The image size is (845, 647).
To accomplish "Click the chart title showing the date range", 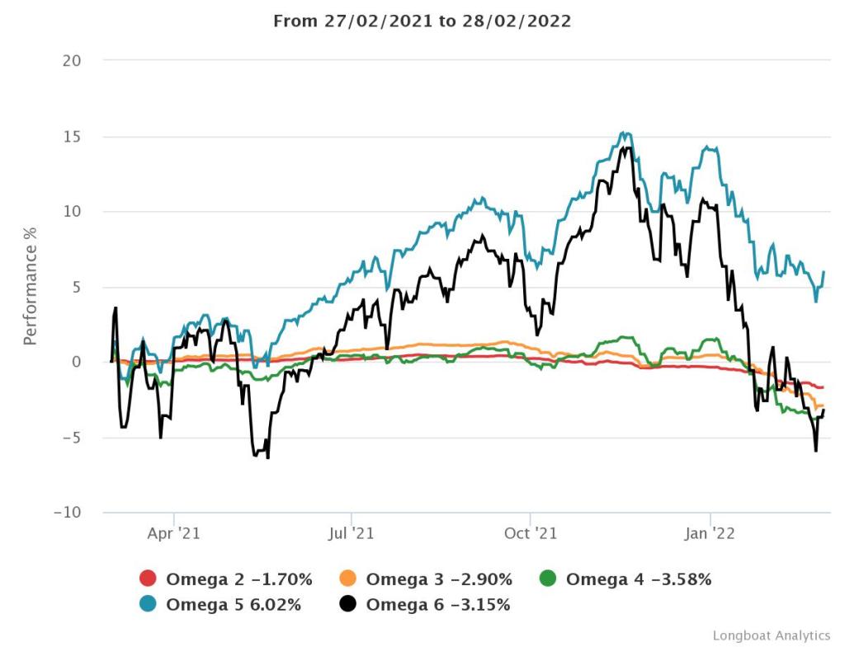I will (x=422, y=21).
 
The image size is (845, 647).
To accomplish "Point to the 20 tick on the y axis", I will (x=81, y=61).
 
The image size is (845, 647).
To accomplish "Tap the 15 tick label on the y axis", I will (x=81, y=136).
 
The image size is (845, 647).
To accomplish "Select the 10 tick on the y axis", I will (x=81, y=212).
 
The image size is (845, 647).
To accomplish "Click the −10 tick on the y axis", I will (x=76, y=513).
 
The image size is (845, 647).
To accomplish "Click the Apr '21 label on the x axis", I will (x=173, y=533).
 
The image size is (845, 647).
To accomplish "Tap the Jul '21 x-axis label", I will (x=352, y=533).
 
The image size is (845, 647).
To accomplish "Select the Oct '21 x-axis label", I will (x=531, y=533).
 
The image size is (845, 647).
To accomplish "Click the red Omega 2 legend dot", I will (x=149, y=579).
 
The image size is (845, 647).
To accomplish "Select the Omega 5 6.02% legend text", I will (x=234, y=605).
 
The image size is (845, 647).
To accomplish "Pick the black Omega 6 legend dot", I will (x=349, y=605).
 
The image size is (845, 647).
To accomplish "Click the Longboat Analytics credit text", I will (x=771, y=635).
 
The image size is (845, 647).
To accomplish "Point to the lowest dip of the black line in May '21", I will (x=268, y=457).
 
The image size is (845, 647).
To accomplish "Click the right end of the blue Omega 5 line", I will (x=824, y=272).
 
